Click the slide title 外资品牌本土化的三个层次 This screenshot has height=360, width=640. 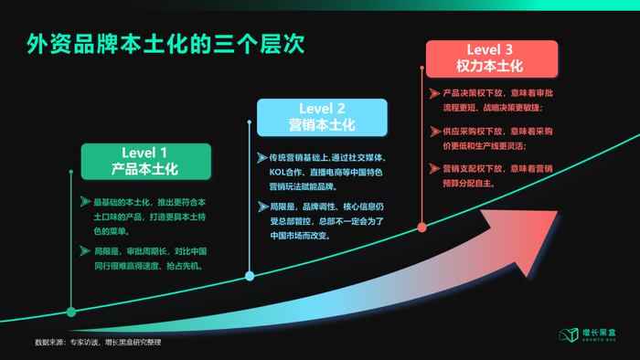[x=165, y=43]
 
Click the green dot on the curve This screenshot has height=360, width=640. [x=71, y=312]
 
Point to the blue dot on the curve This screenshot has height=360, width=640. [x=250, y=276]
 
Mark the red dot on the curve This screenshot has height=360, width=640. [x=421, y=227]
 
